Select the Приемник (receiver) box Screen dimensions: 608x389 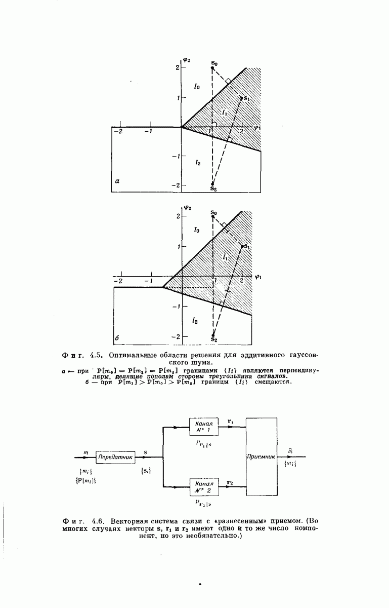[x=262, y=456]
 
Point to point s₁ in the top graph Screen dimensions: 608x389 [x=242, y=97]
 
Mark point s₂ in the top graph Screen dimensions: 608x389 [x=213, y=184]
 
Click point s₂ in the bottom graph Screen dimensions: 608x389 [x=213, y=335]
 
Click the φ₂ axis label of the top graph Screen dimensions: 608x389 [x=186, y=60]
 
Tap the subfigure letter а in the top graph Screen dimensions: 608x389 [x=117, y=180]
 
